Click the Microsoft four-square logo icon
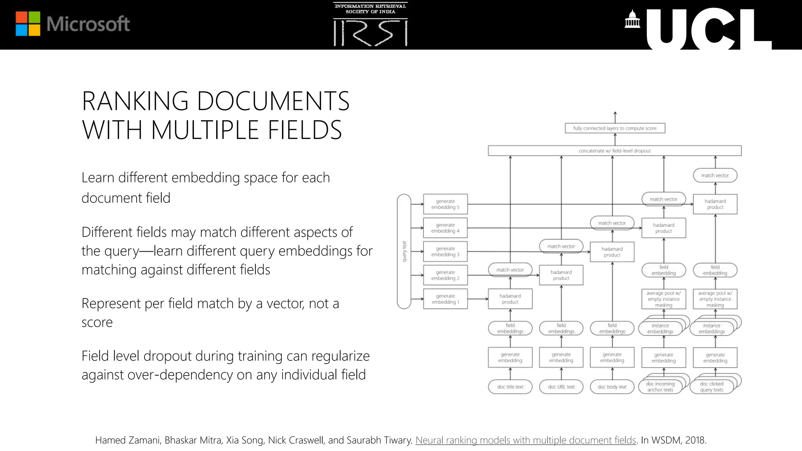pos(28,23)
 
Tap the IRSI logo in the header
pos(370,25)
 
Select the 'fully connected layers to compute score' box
pos(615,128)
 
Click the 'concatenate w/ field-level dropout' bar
pos(614,151)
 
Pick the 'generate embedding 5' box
pos(445,204)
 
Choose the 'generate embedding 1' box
pos(445,299)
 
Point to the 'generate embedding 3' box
pos(445,251)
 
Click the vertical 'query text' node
pos(404,251)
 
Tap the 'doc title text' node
pos(510,387)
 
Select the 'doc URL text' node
pos(561,387)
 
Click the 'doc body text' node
pos(612,387)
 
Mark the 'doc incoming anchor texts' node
pos(660,387)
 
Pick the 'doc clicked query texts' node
pos(712,387)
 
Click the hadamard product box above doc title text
pos(510,299)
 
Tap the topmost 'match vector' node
pos(715,175)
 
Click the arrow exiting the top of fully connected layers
pos(615,117)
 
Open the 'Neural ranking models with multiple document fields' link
pos(526,440)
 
